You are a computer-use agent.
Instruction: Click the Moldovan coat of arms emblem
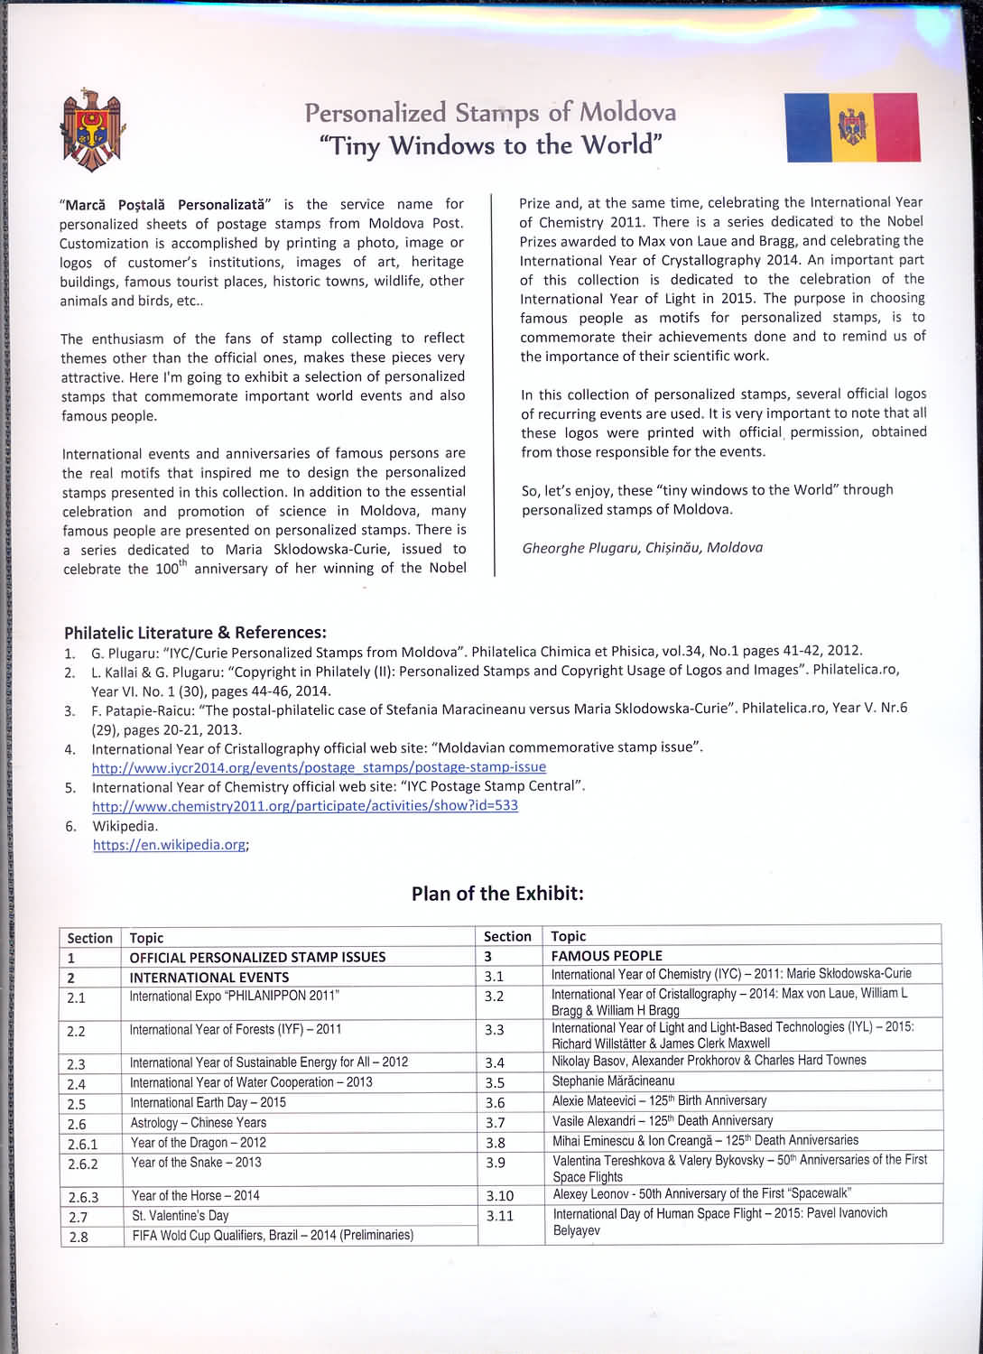point(91,131)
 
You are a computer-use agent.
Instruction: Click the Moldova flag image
point(853,127)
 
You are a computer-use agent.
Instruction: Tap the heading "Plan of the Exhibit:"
point(497,894)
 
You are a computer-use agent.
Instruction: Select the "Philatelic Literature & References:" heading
point(195,632)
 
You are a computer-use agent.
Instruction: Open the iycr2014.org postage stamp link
point(319,767)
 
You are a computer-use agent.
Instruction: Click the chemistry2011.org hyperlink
point(305,805)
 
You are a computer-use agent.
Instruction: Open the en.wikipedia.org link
point(170,845)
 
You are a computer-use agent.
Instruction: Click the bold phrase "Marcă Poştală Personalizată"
point(164,205)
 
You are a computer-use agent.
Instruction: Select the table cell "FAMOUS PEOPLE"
point(607,955)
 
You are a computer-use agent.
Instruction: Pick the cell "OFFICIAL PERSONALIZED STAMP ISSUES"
point(257,957)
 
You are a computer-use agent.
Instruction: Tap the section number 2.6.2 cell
point(83,1164)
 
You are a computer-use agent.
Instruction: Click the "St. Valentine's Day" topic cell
point(181,1216)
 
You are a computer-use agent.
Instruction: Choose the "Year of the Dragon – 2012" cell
point(199,1143)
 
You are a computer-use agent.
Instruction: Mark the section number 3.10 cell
point(500,1195)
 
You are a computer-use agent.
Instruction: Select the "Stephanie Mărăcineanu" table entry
point(614,1080)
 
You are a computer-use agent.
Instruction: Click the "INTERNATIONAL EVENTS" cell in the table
point(209,977)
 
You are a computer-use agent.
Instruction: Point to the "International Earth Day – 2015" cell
point(208,1102)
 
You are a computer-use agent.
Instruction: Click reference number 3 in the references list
point(70,710)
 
